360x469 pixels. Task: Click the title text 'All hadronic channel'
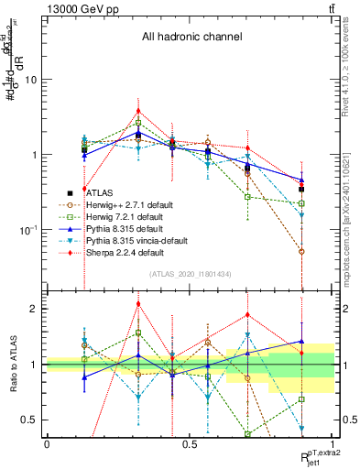(x=191, y=37)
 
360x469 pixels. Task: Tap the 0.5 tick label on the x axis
(x=191, y=443)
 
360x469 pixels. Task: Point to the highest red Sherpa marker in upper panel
(x=138, y=112)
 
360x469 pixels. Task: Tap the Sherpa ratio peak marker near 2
(x=138, y=304)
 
